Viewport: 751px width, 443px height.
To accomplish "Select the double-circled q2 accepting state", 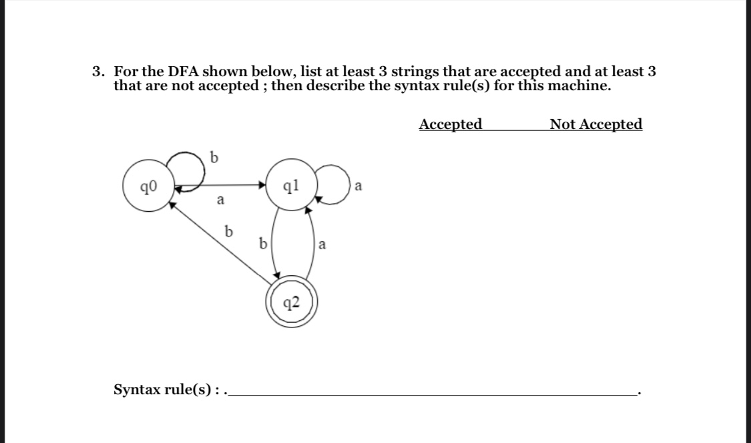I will [x=291, y=304].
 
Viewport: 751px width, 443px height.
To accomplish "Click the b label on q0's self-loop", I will [x=213, y=158].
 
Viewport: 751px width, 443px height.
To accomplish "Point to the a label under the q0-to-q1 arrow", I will [x=220, y=199].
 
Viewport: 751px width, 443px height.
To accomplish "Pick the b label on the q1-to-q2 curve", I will [x=262, y=244].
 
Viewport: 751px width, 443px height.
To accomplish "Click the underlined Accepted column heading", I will [x=451, y=124].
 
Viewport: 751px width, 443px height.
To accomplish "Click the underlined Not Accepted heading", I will [x=595, y=124].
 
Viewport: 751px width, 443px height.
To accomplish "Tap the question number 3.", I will [x=97, y=71].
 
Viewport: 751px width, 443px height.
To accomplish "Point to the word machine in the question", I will [x=581, y=86].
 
